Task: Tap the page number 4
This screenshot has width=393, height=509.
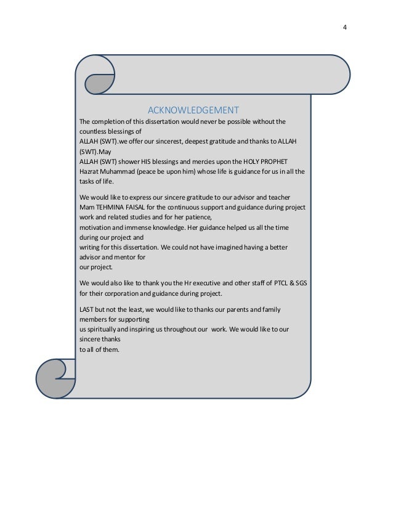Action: tap(344, 27)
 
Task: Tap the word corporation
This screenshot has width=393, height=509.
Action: tap(123, 293)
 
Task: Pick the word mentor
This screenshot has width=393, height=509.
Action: tap(128, 257)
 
